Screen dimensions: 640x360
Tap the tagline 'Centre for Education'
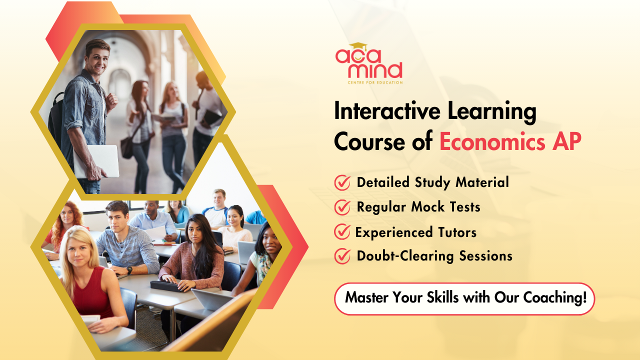click(x=375, y=82)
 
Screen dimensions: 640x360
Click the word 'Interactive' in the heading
click(x=387, y=111)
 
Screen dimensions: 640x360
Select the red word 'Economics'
click(x=492, y=141)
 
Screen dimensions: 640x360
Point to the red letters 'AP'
click(x=567, y=141)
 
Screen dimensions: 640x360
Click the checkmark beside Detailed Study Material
click(x=342, y=182)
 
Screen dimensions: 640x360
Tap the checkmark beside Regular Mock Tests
click(x=342, y=207)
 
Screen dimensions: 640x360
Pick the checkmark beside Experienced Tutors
click(x=342, y=231)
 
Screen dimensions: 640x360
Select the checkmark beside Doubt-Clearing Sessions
click(x=342, y=256)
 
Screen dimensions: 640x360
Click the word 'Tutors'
click(x=457, y=232)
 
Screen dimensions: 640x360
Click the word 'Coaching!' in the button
click(x=555, y=297)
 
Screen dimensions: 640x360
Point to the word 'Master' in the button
click(x=367, y=297)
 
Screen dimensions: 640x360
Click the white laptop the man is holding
click(x=96, y=161)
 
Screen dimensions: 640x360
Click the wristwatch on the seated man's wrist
click(x=129, y=269)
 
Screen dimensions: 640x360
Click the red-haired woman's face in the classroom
click(x=67, y=215)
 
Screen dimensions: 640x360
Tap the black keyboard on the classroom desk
click(x=166, y=286)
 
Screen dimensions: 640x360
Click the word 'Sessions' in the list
click(x=485, y=256)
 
